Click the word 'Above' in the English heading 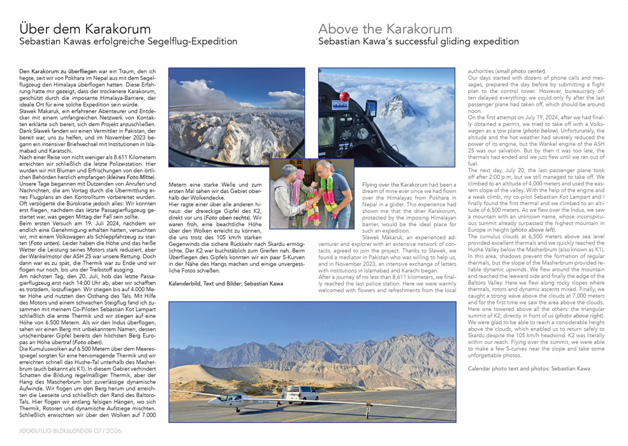pos(338,29)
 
